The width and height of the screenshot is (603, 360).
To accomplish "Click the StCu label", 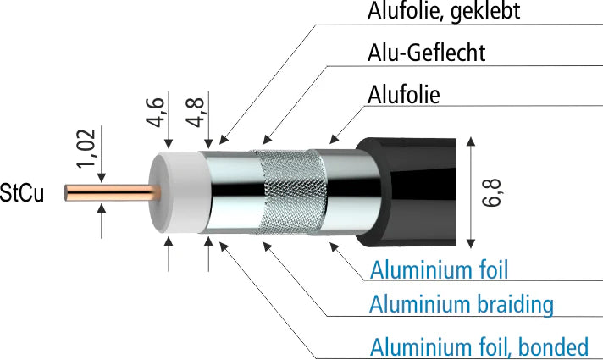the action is tap(22, 192).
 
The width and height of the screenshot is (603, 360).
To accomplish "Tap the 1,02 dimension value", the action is tap(86, 148).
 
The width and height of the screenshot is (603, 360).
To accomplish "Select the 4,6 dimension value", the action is tap(155, 113).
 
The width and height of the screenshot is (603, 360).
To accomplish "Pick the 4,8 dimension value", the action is tap(195, 113).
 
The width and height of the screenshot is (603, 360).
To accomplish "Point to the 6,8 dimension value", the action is tap(491, 193).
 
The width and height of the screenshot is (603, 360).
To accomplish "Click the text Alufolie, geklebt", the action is tap(444, 11).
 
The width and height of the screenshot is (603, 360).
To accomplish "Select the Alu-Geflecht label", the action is tap(426, 53).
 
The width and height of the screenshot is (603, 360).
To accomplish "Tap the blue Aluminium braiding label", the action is tap(462, 305).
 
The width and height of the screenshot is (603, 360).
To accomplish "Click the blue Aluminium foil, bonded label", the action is tap(479, 346).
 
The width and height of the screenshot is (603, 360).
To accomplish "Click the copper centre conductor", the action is tap(112, 192).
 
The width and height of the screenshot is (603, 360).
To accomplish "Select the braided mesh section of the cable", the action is tap(290, 192).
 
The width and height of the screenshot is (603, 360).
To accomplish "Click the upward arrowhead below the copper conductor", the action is tap(102, 208).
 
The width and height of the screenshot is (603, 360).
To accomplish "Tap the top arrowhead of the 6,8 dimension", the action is tap(471, 141).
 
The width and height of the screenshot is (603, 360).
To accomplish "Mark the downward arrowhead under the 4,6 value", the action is tap(169, 144).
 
